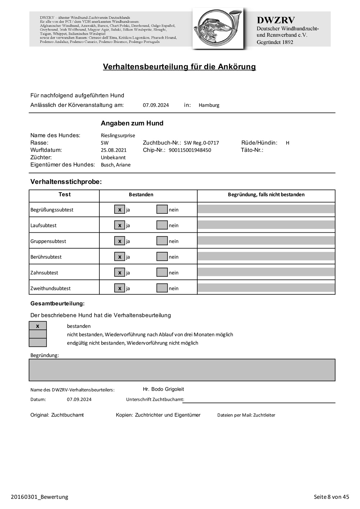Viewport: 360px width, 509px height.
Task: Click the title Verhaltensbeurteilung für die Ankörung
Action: [x=179, y=67]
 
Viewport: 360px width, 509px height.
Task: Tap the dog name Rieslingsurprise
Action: [x=118, y=136]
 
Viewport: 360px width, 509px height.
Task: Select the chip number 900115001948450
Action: [x=190, y=150]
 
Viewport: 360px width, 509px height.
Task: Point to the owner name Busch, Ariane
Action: [x=116, y=165]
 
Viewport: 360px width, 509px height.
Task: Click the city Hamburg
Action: [x=209, y=105]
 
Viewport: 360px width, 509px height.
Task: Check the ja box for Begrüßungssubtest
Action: [x=120, y=209]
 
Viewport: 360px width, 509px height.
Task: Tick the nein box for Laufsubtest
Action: [x=162, y=225]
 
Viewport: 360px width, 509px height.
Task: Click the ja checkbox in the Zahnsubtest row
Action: [x=120, y=272]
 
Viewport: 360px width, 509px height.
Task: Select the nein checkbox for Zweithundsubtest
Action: [x=162, y=288]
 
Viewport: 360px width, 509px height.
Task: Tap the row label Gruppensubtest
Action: [x=48, y=241]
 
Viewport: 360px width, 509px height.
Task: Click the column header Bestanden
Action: [x=141, y=195]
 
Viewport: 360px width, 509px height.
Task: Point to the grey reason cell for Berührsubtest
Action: [x=266, y=256]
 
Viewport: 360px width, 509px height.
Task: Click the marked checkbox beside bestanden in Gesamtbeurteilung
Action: [x=38, y=326]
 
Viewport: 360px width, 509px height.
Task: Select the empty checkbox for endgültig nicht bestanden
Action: [x=38, y=342]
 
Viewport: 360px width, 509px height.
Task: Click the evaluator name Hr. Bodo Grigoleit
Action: [x=163, y=389]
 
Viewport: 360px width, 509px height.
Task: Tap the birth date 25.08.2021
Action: [x=114, y=150]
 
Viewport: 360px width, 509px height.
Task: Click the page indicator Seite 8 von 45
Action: [x=331, y=497]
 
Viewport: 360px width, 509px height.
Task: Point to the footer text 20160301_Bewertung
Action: [x=40, y=497]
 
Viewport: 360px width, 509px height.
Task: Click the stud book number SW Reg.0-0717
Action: [x=201, y=143]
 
